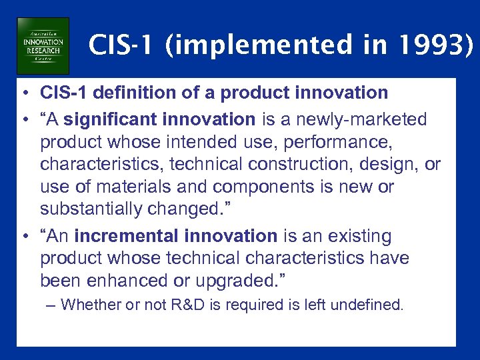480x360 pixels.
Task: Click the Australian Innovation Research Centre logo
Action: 43,45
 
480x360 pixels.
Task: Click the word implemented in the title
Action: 251,46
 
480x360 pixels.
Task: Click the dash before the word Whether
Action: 52,305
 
